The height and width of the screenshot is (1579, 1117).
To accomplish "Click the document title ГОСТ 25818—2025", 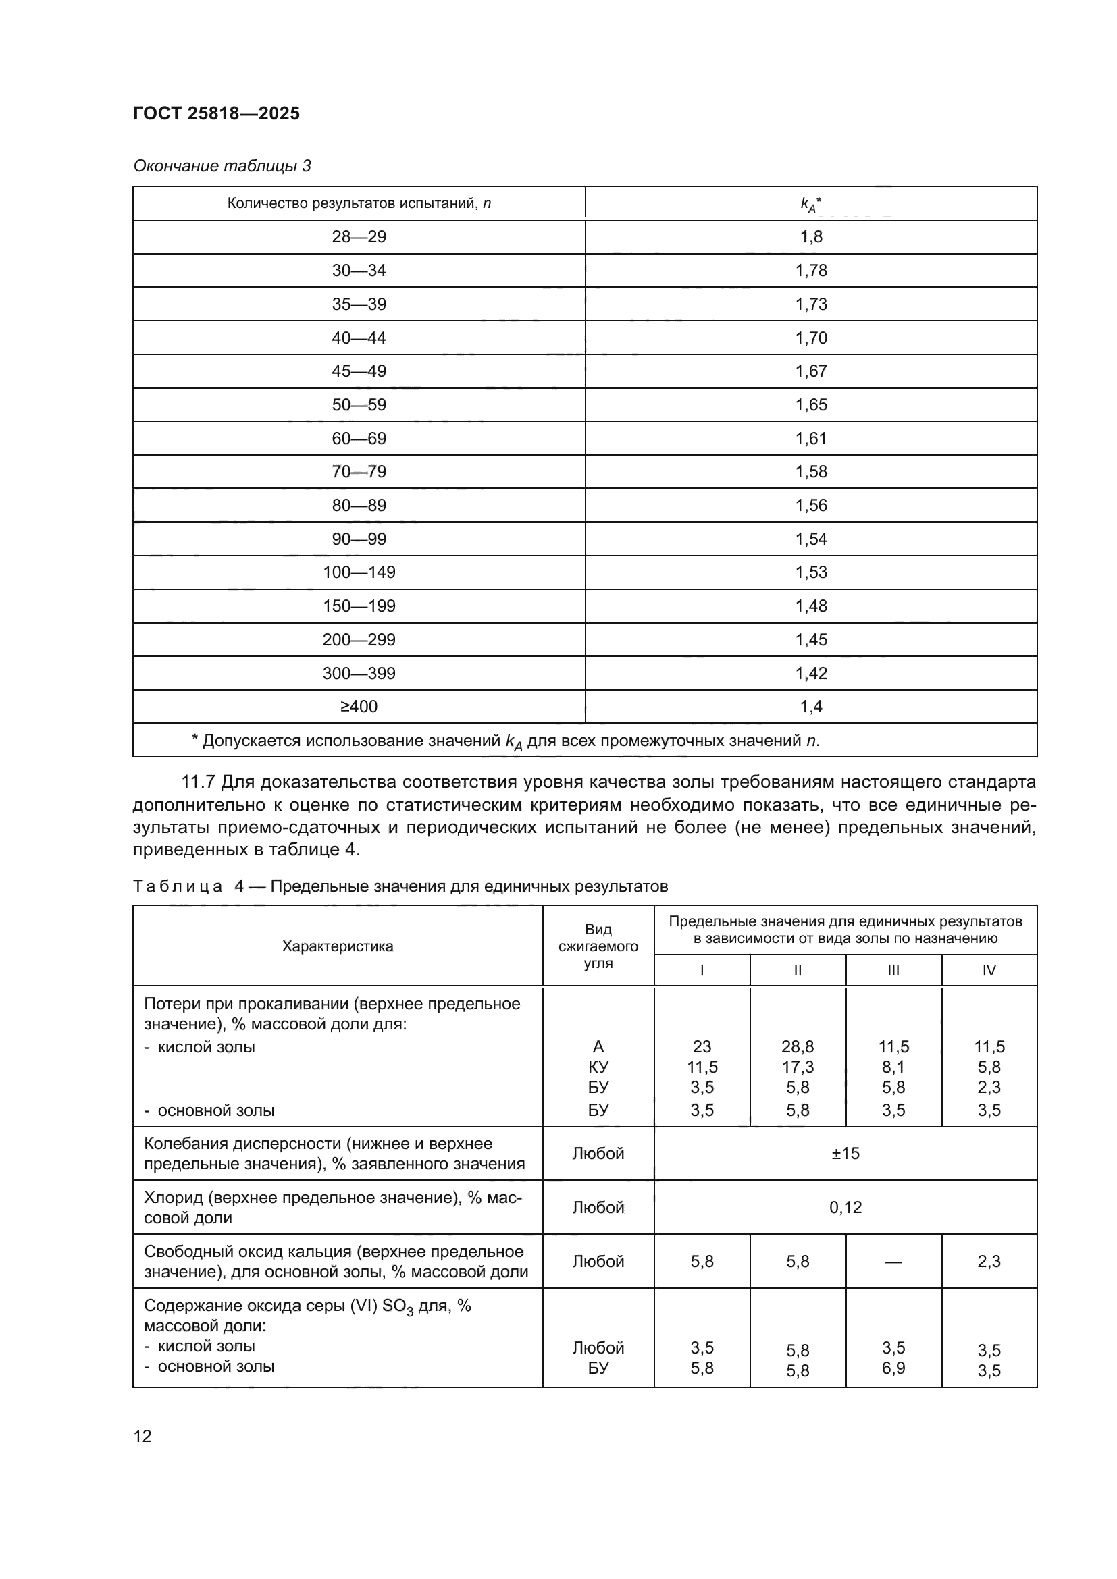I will pos(216,113).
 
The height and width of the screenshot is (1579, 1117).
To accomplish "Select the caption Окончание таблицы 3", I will pos(222,166).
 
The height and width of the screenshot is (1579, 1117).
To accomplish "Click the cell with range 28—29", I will pos(359,236).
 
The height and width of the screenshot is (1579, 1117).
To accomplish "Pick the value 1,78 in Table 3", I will pos(811,270).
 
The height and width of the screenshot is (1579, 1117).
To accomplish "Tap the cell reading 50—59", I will pos(359,404).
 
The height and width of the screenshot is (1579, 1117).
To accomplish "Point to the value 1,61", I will pos(811,438).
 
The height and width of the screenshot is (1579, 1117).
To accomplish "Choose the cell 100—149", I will pos(359,572).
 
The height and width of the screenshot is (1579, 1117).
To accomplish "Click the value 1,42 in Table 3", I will pos(811,672).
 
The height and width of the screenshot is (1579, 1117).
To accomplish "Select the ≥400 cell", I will pos(359,706).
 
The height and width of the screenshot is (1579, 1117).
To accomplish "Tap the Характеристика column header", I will pos(337,946).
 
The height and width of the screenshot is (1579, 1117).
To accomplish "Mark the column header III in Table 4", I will pos(893,970).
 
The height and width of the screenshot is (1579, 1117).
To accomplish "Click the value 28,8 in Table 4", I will pos(797,1047).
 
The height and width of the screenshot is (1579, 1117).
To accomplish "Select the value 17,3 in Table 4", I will pos(797,1067).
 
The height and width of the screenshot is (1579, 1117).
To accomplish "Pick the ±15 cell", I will pos(845,1153).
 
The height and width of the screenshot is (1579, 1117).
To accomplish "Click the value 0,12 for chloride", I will pos(845,1207).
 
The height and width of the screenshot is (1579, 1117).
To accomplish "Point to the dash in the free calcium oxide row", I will pos(893,1261).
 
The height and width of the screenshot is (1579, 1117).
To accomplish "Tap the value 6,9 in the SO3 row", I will pos(893,1368).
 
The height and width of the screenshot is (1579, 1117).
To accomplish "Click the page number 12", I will pos(142,1436).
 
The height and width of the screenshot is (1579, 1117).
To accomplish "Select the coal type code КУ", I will pos(598,1067).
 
